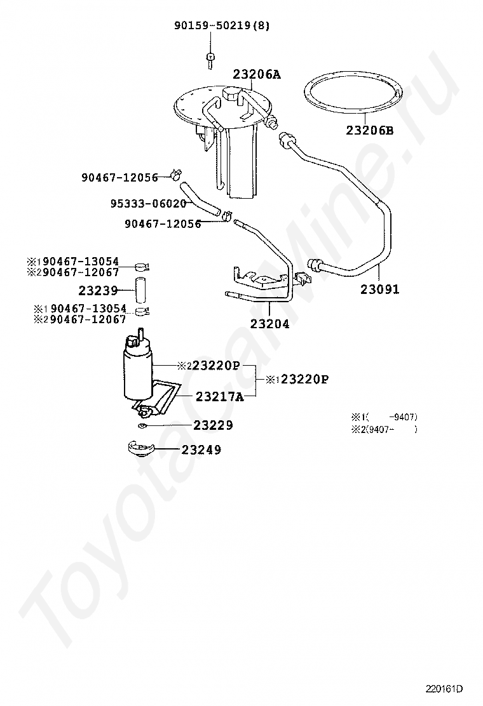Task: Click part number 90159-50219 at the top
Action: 218,25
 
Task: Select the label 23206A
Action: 256,74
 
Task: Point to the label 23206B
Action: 370,131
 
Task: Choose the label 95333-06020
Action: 148,204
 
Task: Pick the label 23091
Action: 380,290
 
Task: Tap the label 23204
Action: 269,324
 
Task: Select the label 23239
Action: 99,291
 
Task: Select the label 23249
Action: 201,450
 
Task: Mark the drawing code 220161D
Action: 444,688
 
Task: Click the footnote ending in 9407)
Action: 384,417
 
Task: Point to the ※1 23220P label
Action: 297,380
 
